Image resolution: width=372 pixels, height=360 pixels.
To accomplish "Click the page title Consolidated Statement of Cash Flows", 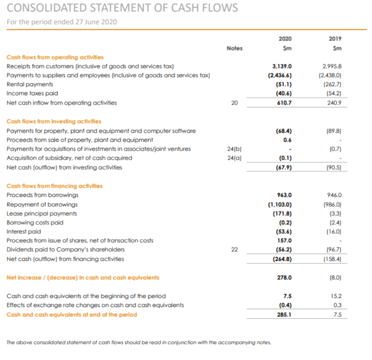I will coord(122,8).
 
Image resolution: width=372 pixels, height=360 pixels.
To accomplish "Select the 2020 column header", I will coord(285,39).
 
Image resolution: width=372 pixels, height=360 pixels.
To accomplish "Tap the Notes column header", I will coord(234,48).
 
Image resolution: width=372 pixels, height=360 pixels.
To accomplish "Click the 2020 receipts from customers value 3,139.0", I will coord(282,66).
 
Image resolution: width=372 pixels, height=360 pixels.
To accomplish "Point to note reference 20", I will coord(234,103).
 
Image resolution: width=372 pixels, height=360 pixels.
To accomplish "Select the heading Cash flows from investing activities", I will coord(54,121).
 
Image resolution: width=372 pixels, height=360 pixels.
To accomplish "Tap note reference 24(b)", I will coord(234,149).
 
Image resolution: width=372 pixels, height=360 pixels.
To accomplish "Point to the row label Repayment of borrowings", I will coord(42,205).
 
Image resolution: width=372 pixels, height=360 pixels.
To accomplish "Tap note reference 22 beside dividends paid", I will coord(234,250).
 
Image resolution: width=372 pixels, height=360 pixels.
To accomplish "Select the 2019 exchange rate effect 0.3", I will coord(337,305).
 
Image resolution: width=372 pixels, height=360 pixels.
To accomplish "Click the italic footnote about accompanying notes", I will coord(139,343).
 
